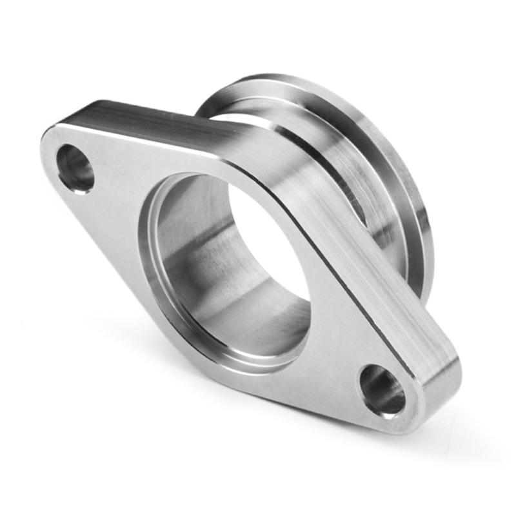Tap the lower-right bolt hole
[382, 390]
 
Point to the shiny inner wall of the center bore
[193, 258]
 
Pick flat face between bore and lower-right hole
[335, 342]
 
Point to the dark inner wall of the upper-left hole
[68, 161]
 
